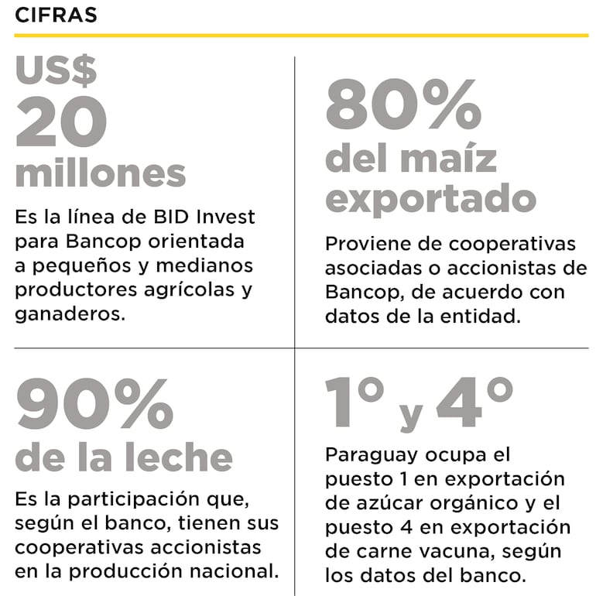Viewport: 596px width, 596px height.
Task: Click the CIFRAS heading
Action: click(56, 15)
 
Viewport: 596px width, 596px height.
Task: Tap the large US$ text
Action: click(57, 71)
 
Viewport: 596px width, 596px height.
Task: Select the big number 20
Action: click(62, 125)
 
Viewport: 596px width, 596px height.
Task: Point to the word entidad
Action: click(514, 316)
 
